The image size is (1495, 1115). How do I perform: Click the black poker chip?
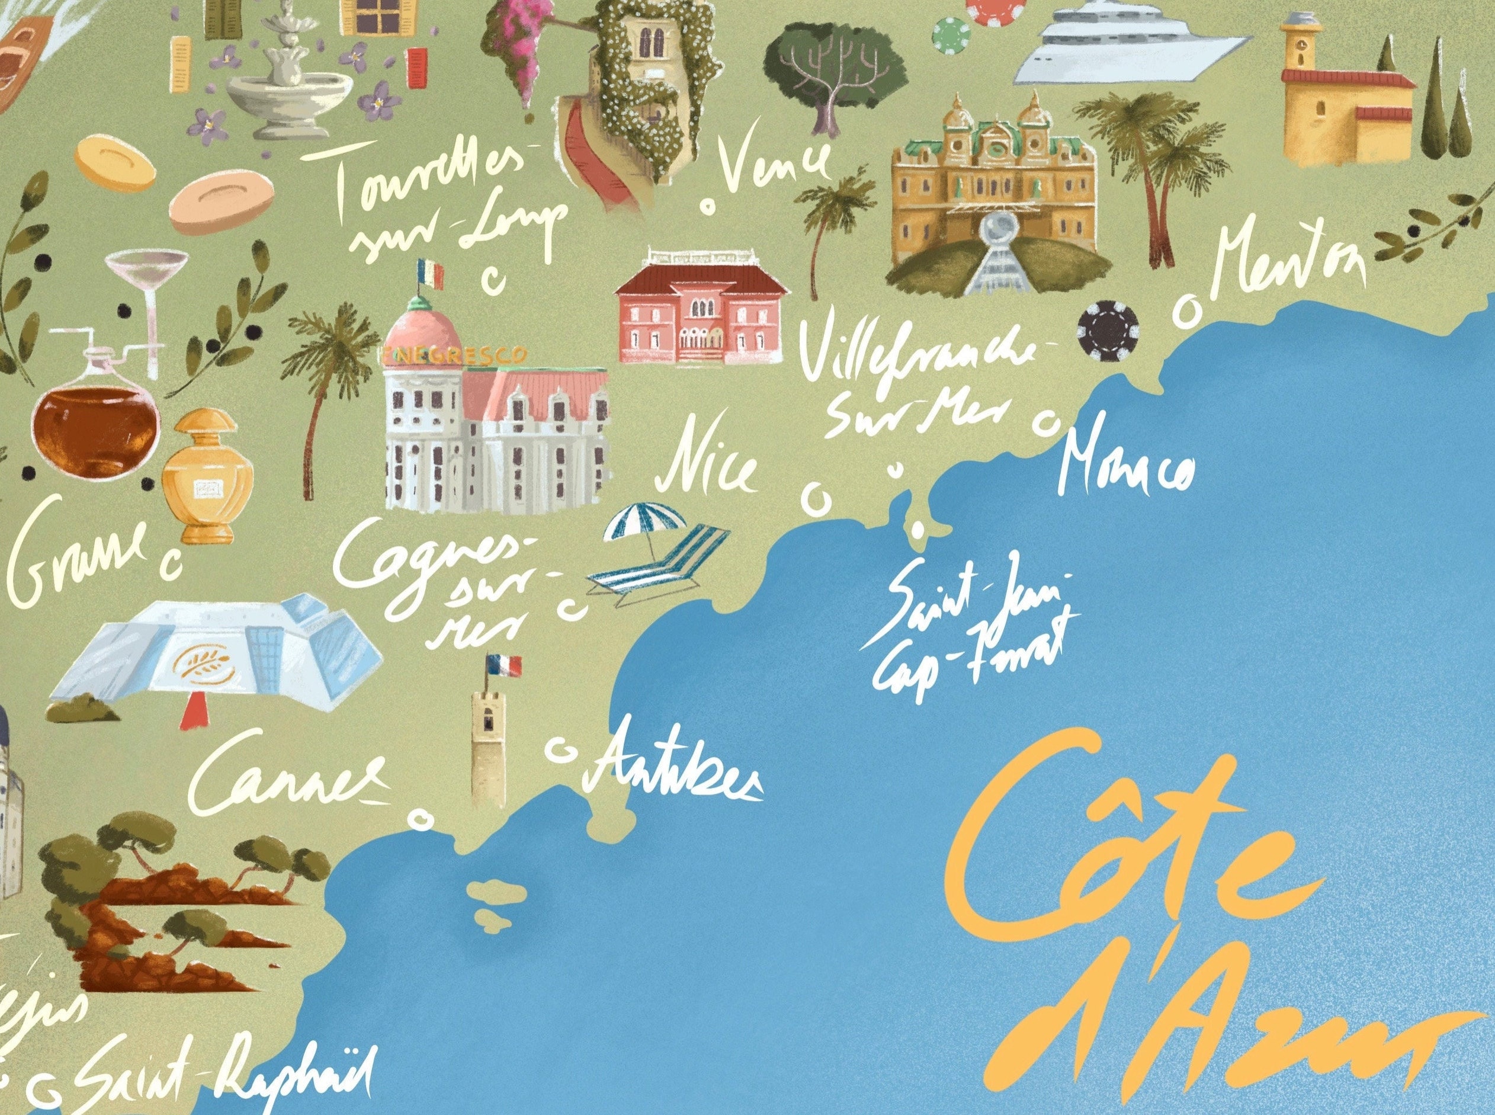(x=1108, y=329)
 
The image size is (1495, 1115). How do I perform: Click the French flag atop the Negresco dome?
(x=431, y=273)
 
